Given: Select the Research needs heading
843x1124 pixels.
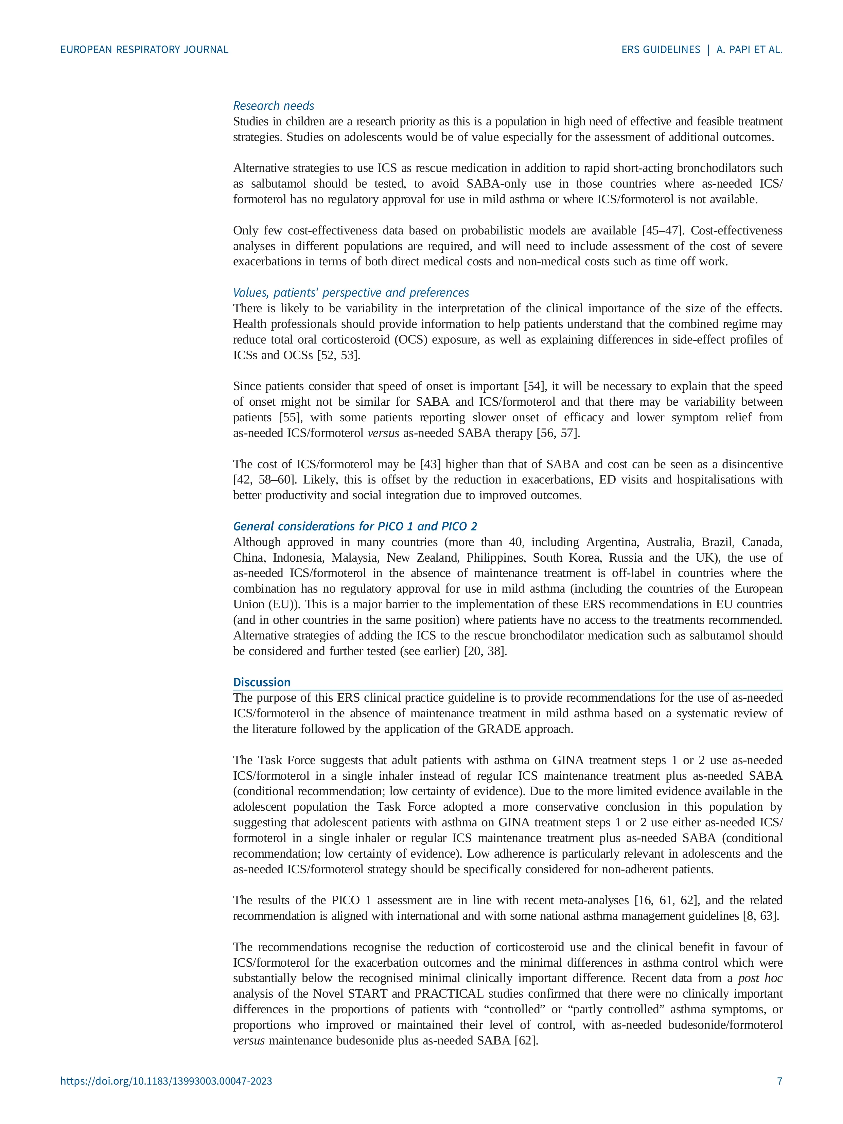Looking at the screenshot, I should tap(274, 106).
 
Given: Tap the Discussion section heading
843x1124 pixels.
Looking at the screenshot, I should tap(262, 682).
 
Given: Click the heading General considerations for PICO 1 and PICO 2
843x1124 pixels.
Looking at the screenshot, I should tap(355, 526).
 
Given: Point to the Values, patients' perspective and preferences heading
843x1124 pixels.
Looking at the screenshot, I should tap(351, 293).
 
